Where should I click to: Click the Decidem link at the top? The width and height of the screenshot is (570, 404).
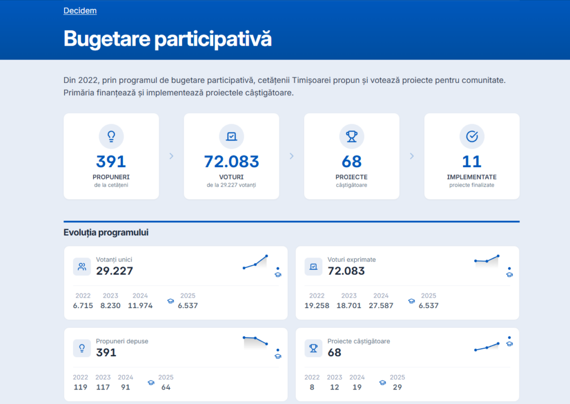80,11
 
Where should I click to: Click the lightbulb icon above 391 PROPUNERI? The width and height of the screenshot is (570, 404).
111,136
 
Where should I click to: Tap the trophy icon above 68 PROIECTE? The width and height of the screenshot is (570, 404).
351,136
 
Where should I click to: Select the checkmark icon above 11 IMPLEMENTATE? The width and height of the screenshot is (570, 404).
471,136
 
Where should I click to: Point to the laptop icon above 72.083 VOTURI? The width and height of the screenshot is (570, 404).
231,136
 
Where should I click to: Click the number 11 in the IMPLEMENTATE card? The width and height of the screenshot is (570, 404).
471,162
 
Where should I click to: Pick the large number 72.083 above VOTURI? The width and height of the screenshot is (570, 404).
231,162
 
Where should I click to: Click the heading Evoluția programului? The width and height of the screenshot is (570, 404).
106,232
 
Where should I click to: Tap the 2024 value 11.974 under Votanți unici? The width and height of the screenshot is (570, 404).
140,305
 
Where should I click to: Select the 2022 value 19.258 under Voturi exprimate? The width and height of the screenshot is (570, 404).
317,305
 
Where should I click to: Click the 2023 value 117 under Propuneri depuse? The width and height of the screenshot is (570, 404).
102,387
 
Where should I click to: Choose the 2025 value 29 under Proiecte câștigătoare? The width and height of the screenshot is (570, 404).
397,387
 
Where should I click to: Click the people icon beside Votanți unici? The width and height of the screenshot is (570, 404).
82,266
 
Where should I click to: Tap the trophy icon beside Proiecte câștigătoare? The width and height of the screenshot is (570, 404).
313,348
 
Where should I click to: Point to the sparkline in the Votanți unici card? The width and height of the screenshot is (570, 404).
255,262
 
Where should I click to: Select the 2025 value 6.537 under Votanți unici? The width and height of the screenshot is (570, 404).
188,305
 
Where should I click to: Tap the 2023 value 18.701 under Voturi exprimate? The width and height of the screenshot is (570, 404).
349,305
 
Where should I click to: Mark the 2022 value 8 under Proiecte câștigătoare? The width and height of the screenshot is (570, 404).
312,387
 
